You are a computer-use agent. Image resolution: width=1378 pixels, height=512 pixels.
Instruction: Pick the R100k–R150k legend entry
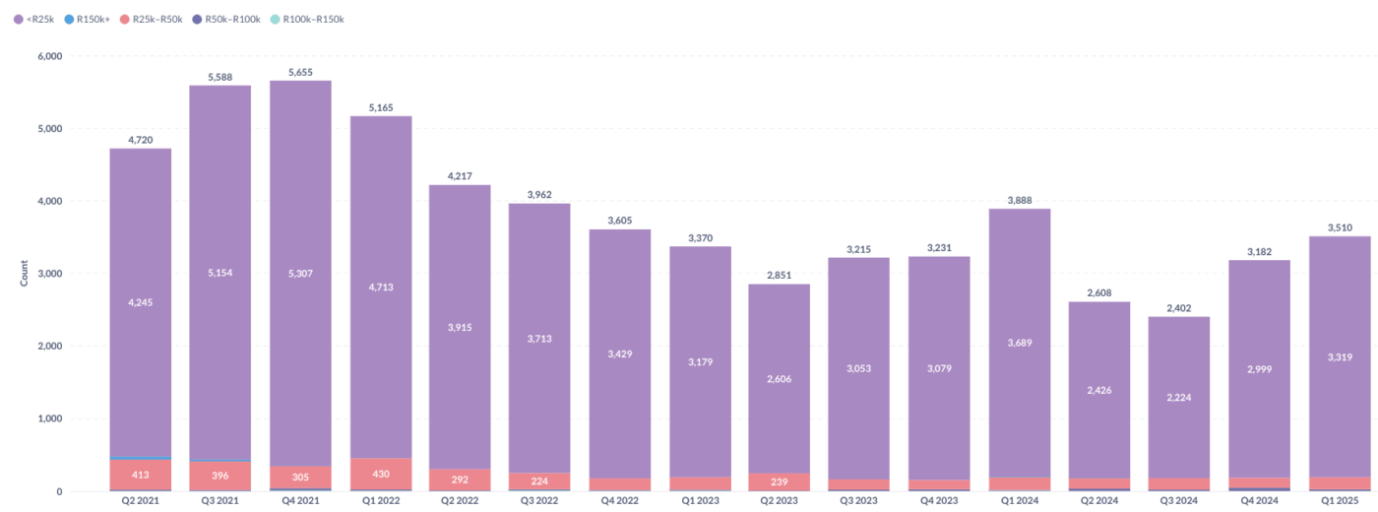(313, 19)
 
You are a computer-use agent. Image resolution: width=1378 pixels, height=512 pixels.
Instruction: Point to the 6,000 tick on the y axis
(48, 56)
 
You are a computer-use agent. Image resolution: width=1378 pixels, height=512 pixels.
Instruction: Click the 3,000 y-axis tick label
(48, 274)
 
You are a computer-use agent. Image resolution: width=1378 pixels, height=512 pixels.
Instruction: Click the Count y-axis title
(24, 274)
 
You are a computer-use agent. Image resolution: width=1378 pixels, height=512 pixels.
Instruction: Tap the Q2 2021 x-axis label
(140, 501)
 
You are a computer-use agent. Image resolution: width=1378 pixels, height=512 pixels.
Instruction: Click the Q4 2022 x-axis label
(620, 501)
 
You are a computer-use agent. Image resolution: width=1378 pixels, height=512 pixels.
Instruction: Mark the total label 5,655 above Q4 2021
(300, 72)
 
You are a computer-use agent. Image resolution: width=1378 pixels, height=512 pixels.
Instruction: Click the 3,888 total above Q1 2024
(1020, 201)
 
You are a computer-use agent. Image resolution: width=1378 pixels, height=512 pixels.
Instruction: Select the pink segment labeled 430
(381, 474)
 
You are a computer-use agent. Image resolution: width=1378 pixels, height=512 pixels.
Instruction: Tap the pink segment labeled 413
(141, 475)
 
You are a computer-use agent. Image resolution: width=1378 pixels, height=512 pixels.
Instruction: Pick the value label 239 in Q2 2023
(780, 481)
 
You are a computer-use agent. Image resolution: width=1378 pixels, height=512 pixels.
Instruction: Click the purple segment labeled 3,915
(461, 327)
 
